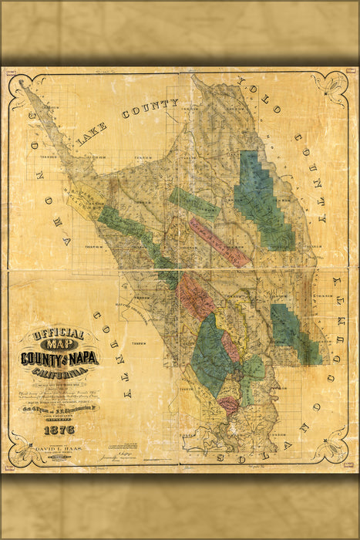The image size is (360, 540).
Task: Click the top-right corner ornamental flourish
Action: (x=336, y=85)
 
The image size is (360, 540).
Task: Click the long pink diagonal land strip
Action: (x=220, y=241)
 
